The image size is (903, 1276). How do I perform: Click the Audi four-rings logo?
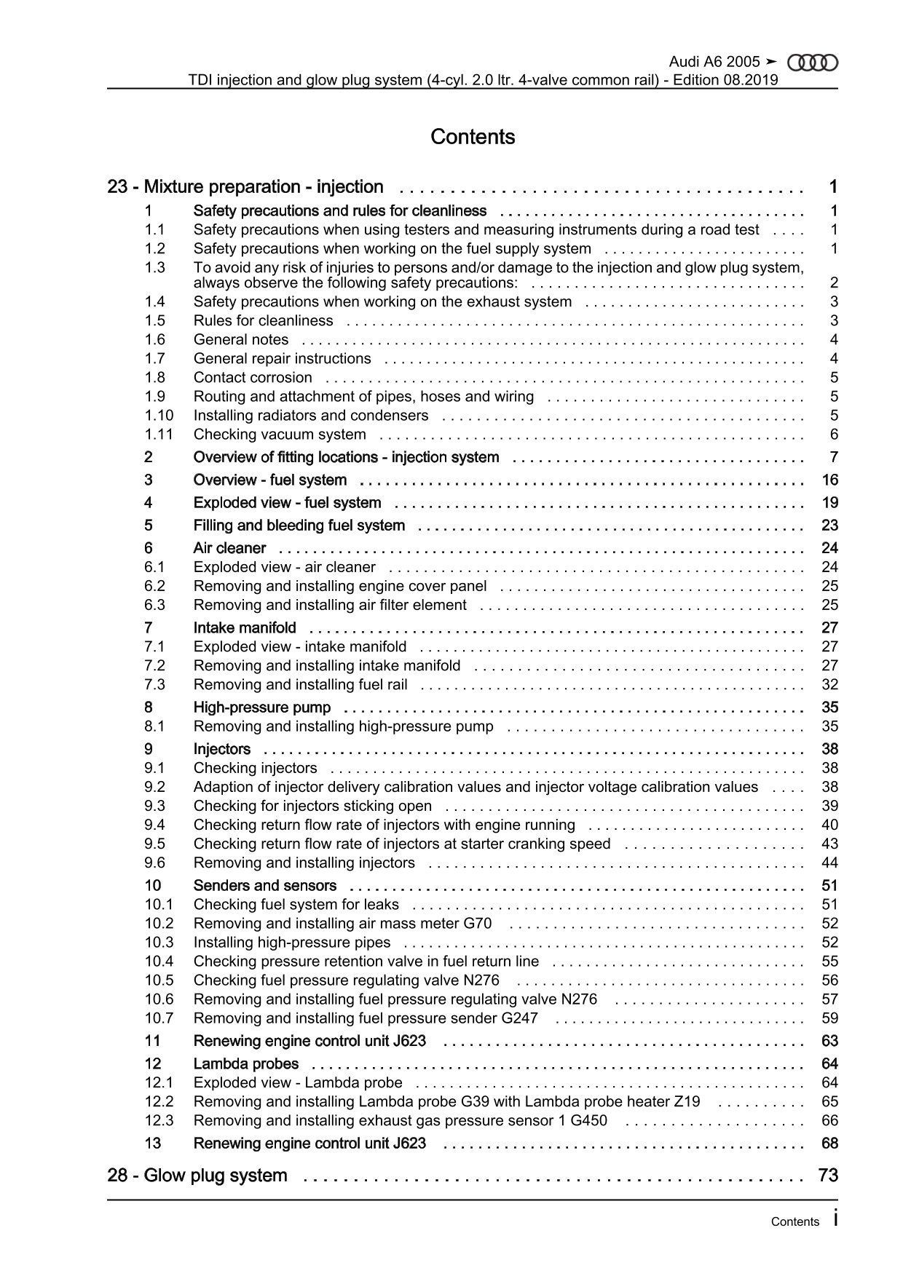(x=813, y=63)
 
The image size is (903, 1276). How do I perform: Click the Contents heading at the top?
(x=473, y=137)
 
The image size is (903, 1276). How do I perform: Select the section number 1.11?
(x=159, y=435)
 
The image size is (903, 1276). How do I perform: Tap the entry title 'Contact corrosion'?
(x=252, y=378)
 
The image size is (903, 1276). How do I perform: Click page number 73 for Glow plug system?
(x=829, y=1176)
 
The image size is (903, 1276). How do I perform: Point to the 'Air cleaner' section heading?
(x=229, y=548)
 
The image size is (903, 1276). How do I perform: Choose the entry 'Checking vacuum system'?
(x=280, y=435)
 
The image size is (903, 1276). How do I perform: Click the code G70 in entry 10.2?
(x=478, y=924)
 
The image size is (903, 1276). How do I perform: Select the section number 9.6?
(x=155, y=863)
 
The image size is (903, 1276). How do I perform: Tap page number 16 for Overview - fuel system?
(x=829, y=480)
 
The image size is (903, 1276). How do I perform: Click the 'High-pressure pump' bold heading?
(x=261, y=708)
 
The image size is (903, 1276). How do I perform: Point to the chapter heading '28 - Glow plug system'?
(x=197, y=1176)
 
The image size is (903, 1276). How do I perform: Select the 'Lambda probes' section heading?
(x=245, y=1064)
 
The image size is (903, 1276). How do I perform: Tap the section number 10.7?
(x=159, y=1018)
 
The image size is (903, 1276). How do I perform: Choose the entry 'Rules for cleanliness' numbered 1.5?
(x=263, y=321)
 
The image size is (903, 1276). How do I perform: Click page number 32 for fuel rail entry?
(x=829, y=685)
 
